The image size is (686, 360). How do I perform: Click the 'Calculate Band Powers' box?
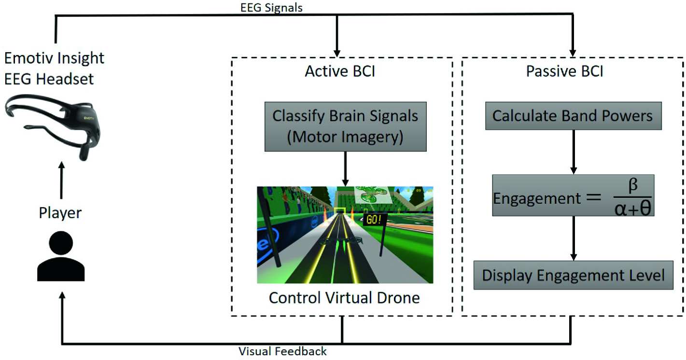click(573, 116)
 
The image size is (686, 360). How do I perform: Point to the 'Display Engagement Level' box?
click(574, 276)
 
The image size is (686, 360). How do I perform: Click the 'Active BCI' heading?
click(340, 71)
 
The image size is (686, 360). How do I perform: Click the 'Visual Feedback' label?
click(283, 351)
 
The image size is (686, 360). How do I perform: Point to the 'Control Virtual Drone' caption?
click(344, 297)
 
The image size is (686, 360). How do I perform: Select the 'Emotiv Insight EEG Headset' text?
click(54, 68)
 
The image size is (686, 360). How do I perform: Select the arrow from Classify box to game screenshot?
click(345, 169)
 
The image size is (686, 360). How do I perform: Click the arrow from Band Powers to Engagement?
click(574, 152)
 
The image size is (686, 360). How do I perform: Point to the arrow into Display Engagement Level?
click(574, 239)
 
